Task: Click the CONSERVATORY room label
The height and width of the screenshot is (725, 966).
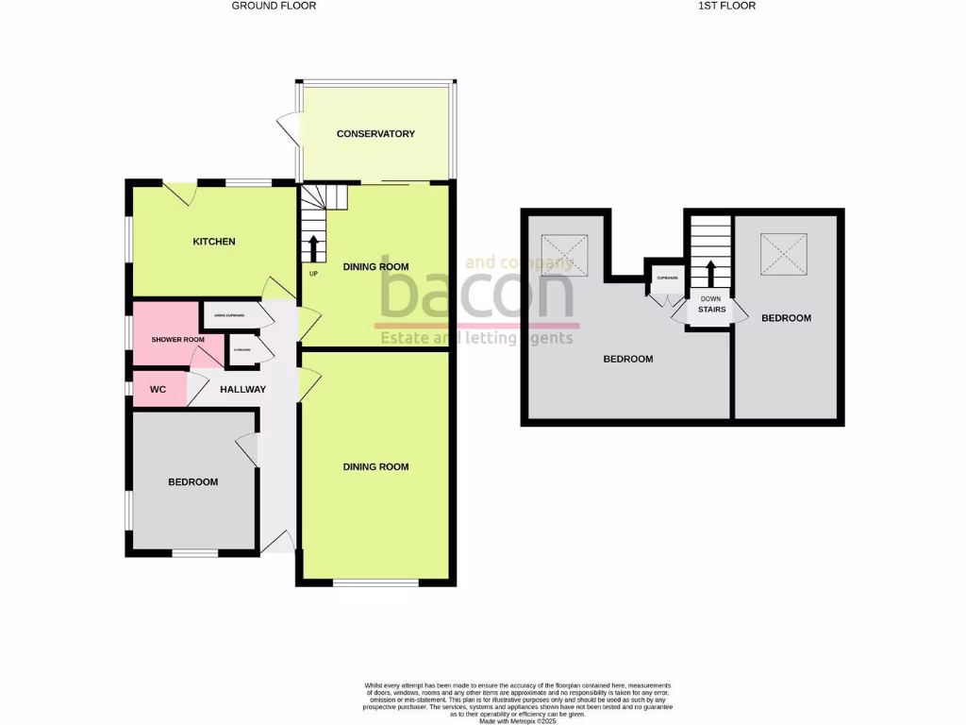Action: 375,134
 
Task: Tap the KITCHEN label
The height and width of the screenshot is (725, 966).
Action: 214,242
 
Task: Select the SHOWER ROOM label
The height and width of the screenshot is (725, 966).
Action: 178,340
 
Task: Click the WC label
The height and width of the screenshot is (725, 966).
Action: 158,389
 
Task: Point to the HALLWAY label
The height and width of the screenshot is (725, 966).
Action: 242,389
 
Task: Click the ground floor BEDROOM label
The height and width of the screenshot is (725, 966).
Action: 192,481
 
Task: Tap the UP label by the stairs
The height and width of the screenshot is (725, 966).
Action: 312,274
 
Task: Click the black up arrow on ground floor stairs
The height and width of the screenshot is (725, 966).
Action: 313,248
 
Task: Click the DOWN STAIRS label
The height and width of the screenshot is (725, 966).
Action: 711,304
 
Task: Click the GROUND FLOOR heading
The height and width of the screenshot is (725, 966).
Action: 274,6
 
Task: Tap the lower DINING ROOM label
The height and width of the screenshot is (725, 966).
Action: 375,466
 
